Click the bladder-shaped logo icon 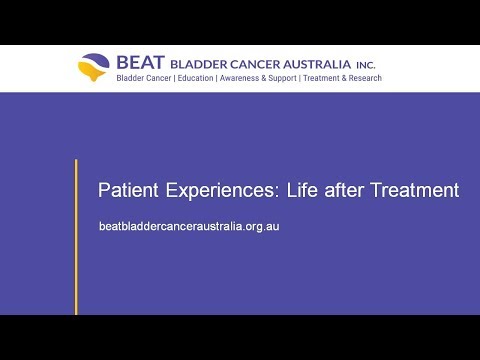[x=94, y=67]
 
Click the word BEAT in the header [x=140, y=63]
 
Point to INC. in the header [x=366, y=65]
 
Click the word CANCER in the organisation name [x=255, y=64]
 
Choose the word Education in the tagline [x=195, y=78]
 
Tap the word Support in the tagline [x=282, y=79]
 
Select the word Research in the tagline [x=365, y=78]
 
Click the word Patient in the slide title [x=128, y=190]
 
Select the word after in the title [x=344, y=190]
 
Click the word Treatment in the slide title [x=415, y=190]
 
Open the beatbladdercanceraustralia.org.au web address [x=189, y=227]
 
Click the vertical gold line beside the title [x=76, y=237]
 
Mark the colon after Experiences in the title [x=277, y=193]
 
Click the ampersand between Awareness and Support [x=264, y=78]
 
